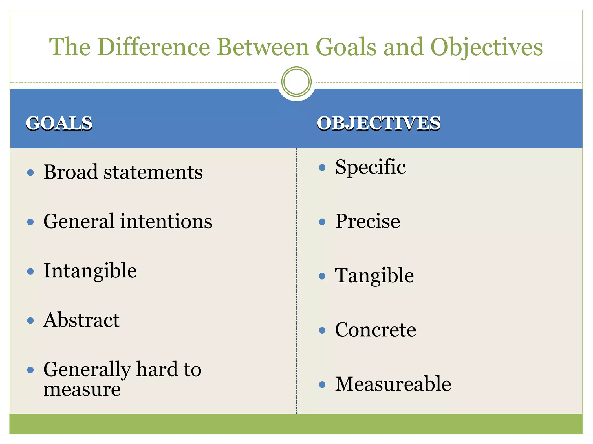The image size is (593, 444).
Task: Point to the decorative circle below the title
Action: coord(296,82)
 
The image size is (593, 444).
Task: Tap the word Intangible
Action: coord(90,271)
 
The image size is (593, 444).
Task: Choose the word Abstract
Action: coord(81,320)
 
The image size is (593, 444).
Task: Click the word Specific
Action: coord(370,168)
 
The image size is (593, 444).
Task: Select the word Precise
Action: coord(368,221)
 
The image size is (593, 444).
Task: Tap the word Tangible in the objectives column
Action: coord(374,276)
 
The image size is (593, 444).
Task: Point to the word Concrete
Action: coord(376,330)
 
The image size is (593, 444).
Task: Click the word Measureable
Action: coord(393,384)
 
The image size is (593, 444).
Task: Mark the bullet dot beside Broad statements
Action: coord(30,173)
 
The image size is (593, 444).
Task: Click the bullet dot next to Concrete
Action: coord(322,330)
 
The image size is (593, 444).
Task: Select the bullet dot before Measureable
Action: coord(322,384)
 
